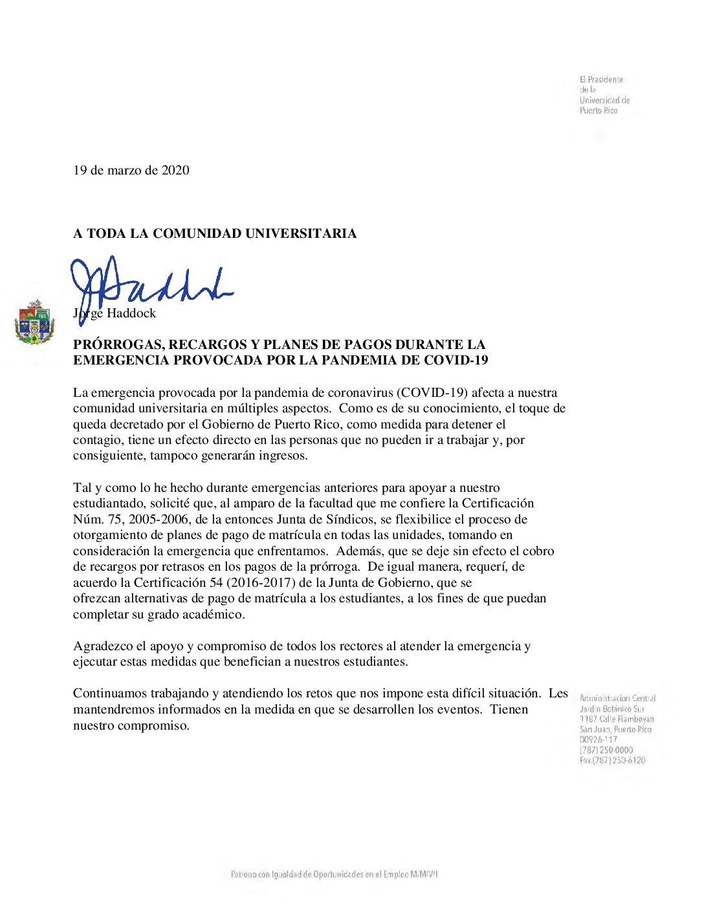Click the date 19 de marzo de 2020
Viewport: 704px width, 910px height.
131,171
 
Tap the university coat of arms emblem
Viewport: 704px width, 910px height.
34,321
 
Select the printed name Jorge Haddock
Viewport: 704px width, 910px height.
115,313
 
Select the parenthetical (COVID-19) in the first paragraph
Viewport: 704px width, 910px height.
432,393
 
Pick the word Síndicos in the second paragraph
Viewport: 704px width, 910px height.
351,520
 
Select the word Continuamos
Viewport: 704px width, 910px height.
110,693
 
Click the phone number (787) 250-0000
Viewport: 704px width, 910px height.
606,750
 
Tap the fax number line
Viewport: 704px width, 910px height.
612,761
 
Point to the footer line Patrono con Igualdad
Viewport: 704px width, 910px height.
334,874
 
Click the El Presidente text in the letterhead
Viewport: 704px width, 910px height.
601,79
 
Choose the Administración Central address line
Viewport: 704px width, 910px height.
617,698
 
